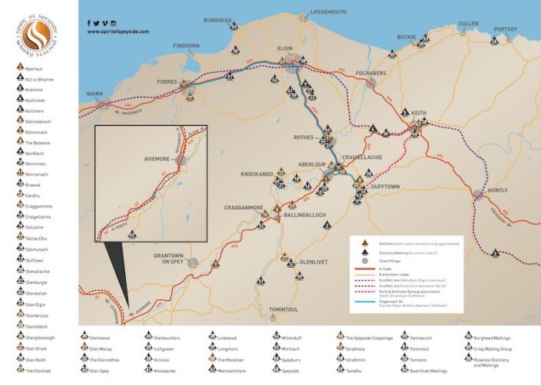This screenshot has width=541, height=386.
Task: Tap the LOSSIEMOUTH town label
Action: [328, 12]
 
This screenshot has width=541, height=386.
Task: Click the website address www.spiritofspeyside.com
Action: [118, 31]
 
